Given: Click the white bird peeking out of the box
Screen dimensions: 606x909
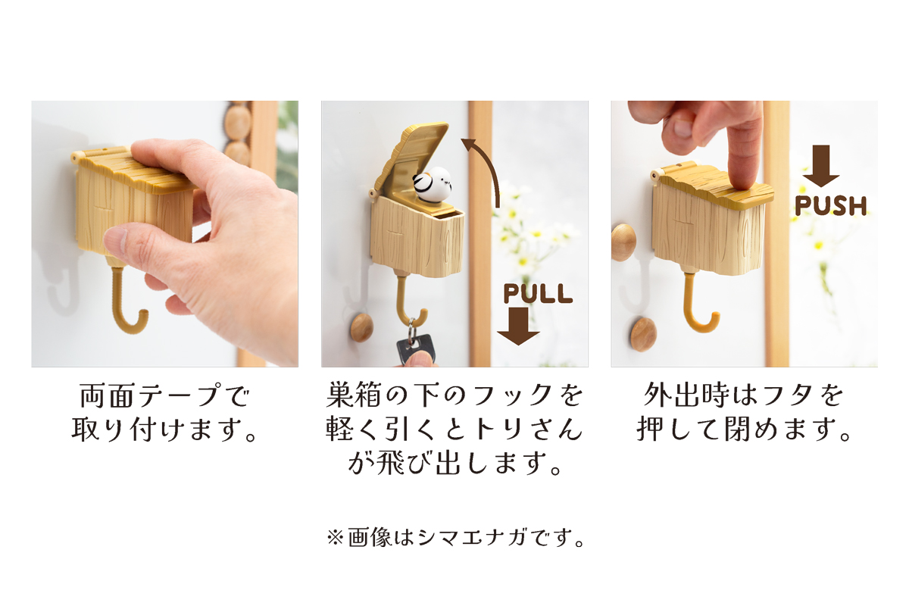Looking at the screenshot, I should tap(435, 185).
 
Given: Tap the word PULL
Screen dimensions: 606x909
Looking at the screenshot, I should tap(538, 293).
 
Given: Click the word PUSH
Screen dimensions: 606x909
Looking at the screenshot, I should tap(830, 205).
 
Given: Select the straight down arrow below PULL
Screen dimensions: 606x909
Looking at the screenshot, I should tap(518, 326).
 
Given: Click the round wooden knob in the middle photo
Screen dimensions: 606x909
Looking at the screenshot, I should tap(361, 327).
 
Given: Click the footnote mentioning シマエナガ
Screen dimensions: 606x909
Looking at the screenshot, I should tap(454, 539).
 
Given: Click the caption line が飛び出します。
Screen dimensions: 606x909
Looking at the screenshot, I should tap(454, 463).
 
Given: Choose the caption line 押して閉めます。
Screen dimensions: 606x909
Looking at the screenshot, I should tap(744, 430).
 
